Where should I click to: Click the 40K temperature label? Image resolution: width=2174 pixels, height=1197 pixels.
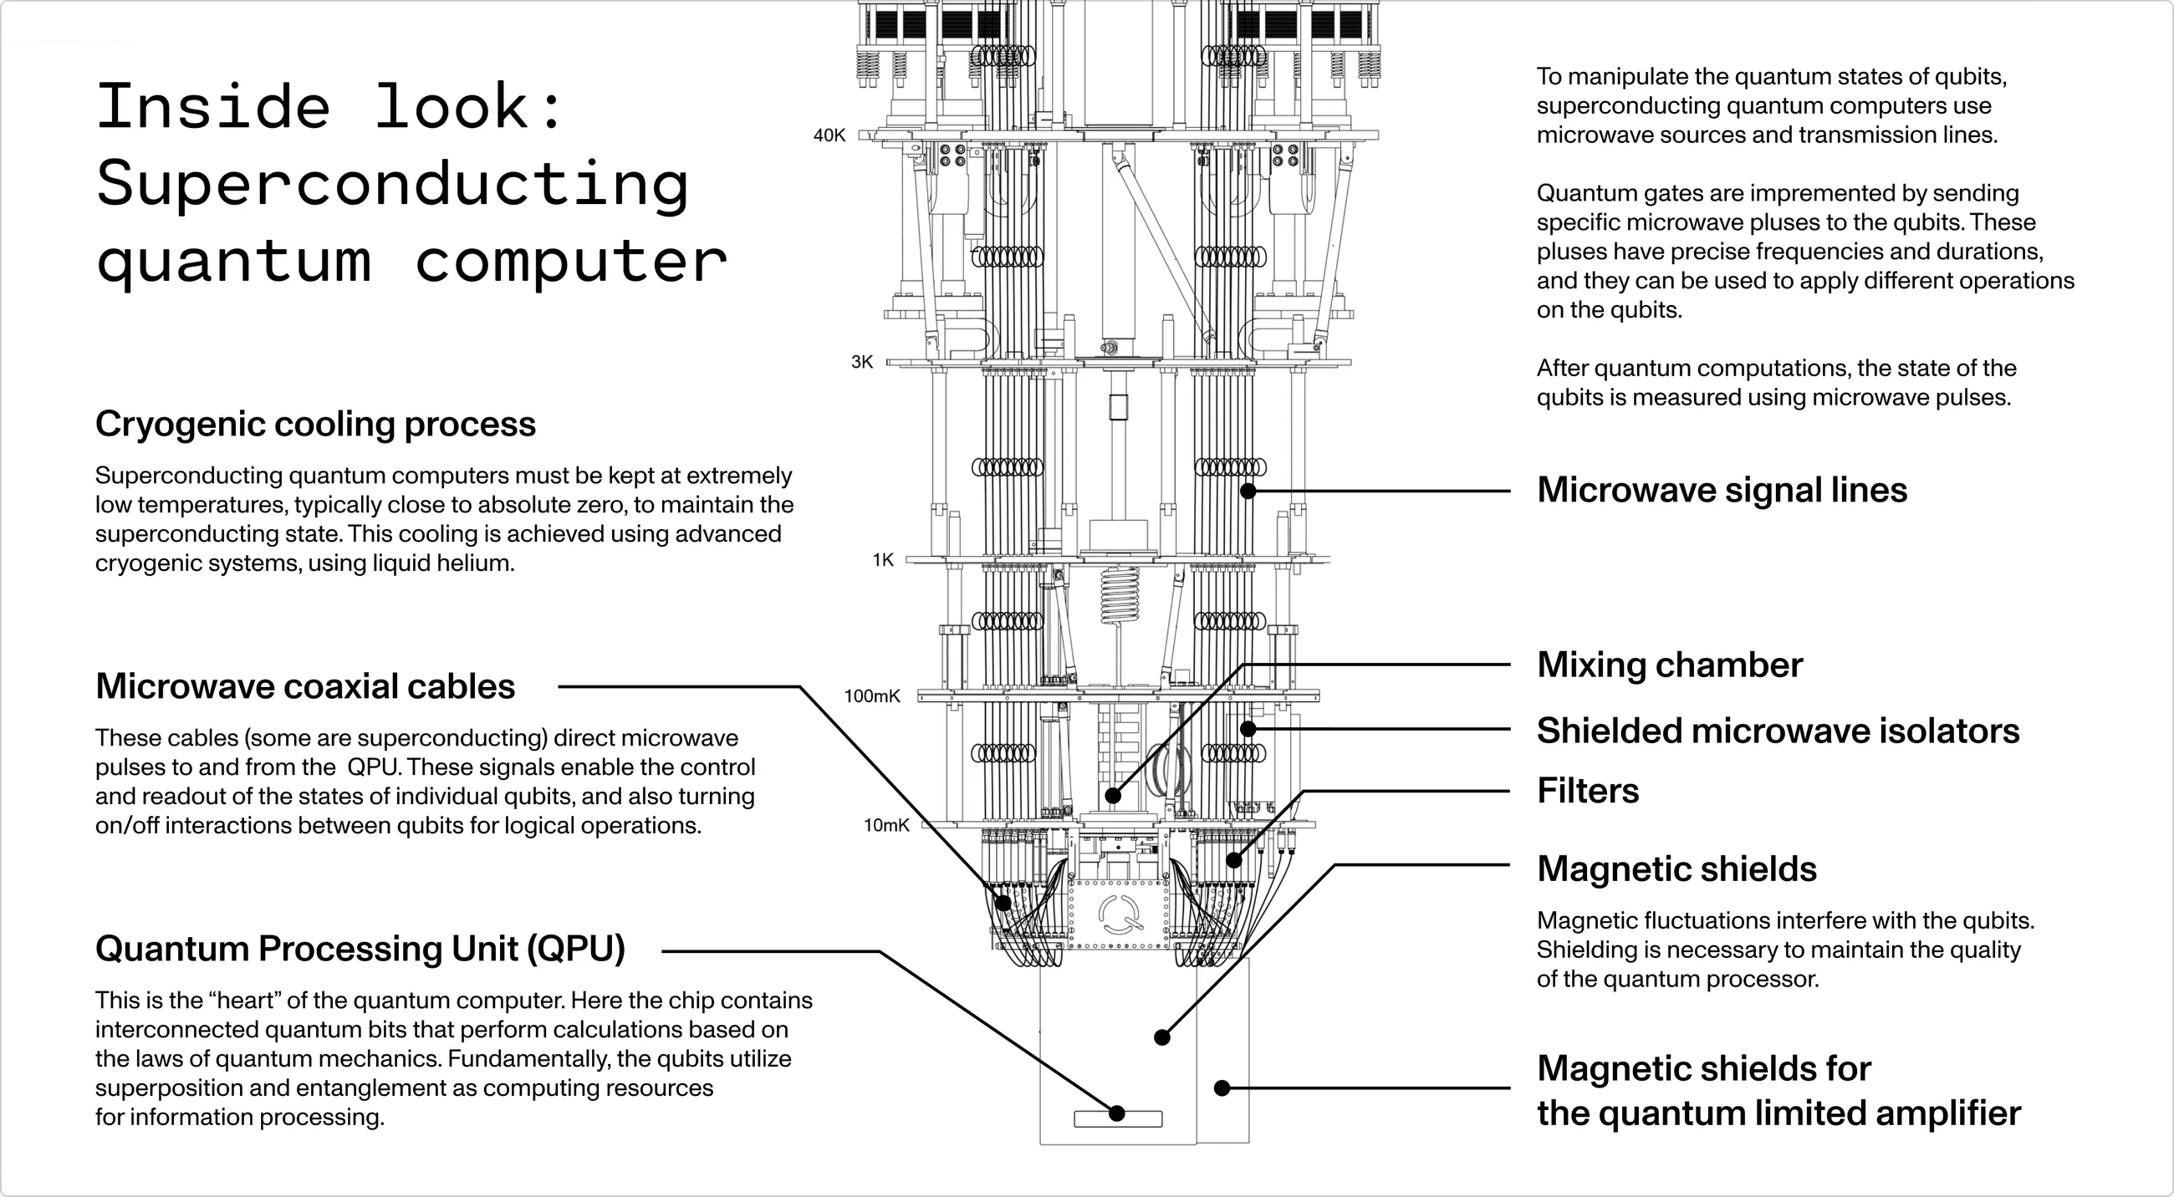[829, 135]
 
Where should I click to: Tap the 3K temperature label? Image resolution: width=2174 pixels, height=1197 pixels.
[862, 362]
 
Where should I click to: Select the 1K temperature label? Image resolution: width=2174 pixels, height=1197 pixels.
[883, 560]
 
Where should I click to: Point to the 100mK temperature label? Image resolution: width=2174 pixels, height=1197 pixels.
[872, 696]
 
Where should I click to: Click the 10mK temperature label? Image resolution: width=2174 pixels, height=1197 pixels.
[886, 825]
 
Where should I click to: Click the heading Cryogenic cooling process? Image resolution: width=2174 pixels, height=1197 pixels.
[314, 424]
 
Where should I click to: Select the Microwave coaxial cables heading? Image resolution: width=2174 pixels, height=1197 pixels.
[304, 686]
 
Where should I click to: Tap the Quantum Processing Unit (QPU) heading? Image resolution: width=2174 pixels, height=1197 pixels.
[360, 949]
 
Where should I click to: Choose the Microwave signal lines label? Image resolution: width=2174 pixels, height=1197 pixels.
[1722, 490]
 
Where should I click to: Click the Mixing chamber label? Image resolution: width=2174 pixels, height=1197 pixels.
[1669, 665]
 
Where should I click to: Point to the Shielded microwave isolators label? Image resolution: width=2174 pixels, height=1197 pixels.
[1778, 731]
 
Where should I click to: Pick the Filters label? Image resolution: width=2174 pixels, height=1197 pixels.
[1588, 792]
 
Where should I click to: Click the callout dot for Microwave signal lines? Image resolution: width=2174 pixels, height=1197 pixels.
[1248, 491]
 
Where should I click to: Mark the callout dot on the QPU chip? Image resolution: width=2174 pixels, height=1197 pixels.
[1116, 1113]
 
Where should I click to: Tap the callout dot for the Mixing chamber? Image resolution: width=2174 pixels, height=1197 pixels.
[1113, 796]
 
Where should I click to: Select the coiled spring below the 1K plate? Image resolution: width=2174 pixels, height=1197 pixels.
[1120, 595]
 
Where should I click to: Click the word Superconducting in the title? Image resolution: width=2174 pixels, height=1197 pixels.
[392, 184]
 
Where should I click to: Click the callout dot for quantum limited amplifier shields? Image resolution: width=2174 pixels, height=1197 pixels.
[1221, 1088]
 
